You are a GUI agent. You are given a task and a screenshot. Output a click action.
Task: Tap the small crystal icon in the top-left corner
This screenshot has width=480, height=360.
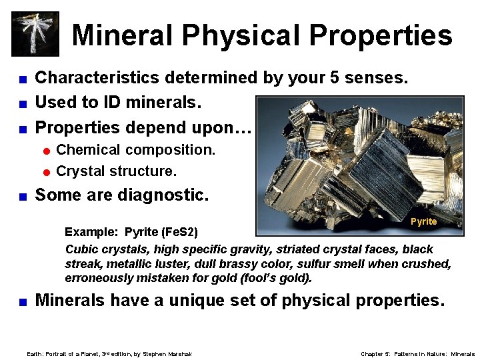(35, 33)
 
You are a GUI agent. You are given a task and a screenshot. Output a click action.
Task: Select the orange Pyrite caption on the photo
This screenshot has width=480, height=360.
(423, 221)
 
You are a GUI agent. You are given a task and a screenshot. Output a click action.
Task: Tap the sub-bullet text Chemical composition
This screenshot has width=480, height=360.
(136, 150)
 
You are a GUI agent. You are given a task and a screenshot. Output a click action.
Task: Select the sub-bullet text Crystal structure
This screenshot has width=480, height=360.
(117, 171)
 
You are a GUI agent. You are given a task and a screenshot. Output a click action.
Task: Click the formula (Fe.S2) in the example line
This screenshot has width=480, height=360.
(180, 232)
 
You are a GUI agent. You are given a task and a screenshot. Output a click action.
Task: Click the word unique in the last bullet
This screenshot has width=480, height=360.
(199, 301)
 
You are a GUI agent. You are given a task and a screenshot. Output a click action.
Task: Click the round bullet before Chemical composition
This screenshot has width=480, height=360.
(46, 151)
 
